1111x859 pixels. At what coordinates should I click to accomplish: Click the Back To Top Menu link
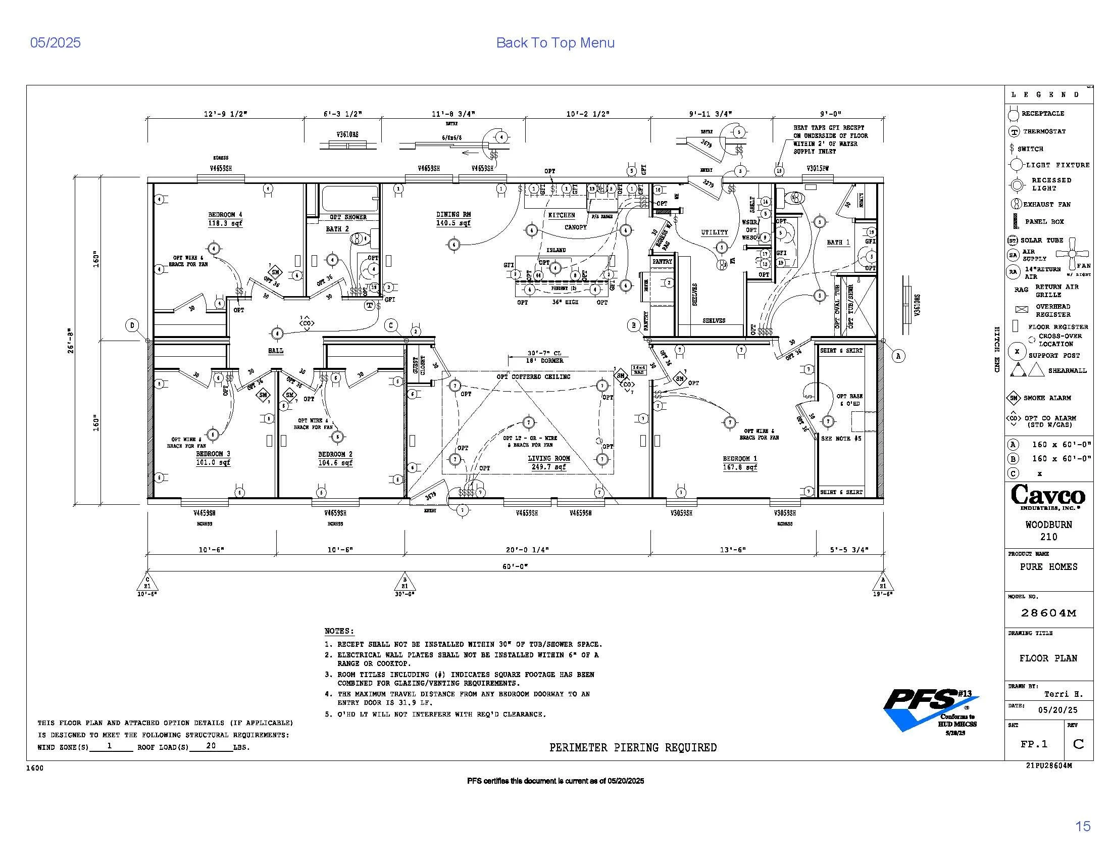point(555,43)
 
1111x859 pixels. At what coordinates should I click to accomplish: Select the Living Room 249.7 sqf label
point(548,462)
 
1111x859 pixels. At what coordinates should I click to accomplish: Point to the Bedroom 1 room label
point(740,459)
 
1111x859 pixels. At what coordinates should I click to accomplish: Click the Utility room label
point(714,232)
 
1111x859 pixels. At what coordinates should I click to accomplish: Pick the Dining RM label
point(453,215)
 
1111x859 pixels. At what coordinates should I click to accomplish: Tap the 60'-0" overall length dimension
point(515,566)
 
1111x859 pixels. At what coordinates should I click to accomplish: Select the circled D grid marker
point(132,326)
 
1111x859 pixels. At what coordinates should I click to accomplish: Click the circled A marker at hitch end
point(898,356)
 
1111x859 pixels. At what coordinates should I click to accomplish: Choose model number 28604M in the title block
point(1048,613)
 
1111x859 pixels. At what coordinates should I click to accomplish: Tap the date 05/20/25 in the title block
point(1057,710)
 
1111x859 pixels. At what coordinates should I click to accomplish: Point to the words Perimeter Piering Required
point(633,747)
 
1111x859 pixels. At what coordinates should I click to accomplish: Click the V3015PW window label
point(818,168)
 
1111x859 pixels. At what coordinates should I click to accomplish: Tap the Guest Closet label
point(416,365)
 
